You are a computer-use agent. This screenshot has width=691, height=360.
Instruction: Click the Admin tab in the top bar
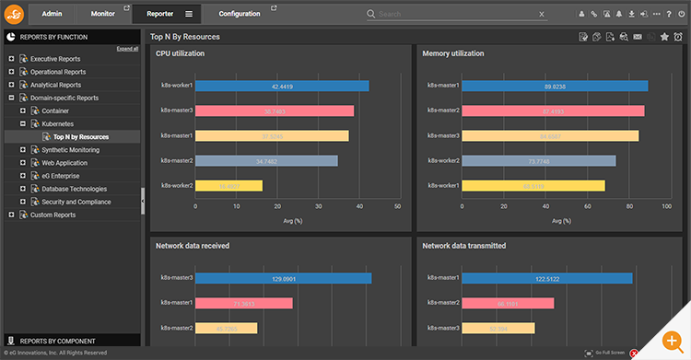(52, 14)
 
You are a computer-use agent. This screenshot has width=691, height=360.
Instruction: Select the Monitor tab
(103, 14)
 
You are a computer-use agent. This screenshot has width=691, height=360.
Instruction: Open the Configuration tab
(239, 14)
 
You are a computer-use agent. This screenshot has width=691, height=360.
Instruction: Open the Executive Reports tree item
(55, 59)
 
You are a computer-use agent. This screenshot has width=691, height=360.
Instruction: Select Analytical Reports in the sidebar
(55, 85)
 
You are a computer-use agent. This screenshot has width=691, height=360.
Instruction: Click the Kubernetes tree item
(58, 123)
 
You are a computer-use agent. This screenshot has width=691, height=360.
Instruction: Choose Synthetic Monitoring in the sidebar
(71, 149)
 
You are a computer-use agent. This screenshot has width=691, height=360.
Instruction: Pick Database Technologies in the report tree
(68, 189)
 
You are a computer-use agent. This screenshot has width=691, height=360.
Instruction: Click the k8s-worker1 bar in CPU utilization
(282, 86)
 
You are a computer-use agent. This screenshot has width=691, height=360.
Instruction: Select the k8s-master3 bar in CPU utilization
(275, 110)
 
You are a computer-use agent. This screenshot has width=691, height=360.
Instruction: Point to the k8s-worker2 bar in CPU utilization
(228, 185)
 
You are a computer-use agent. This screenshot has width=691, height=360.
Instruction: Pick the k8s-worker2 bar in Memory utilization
(539, 160)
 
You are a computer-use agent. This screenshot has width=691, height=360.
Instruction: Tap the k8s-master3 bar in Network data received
(283, 278)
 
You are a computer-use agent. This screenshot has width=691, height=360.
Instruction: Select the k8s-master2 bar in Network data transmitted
(508, 303)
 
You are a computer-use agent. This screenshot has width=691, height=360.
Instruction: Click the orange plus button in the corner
(671, 341)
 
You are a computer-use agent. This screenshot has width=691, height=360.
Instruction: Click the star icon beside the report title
(664, 37)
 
